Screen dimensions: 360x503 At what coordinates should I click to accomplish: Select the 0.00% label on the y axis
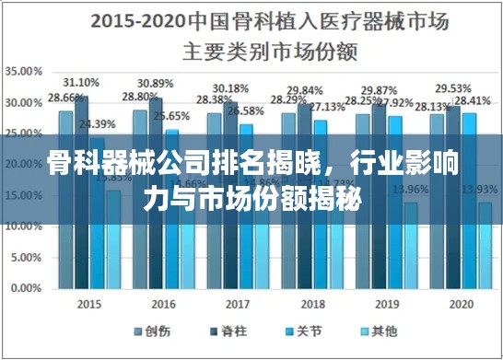(25, 287)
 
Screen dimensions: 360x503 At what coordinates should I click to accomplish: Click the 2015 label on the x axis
(89, 303)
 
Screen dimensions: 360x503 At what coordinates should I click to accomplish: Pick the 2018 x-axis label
(313, 303)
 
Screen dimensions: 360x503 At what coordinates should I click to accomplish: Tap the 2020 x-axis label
(462, 303)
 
